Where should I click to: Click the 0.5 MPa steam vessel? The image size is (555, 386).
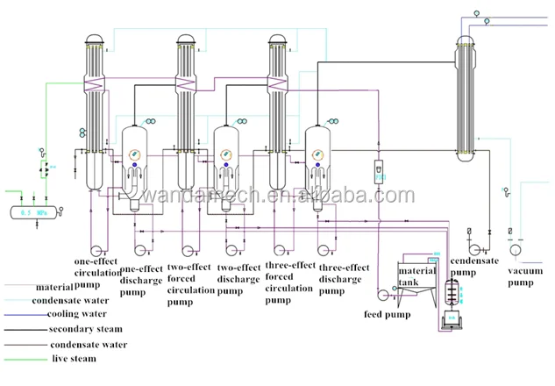click(x=34, y=211)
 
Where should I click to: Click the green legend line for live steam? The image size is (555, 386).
click(x=25, y=361)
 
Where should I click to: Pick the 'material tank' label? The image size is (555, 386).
click(x=416, y=276)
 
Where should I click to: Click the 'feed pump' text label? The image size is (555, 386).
click(x=387, y=313)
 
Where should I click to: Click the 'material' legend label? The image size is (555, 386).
click(x=54, y=287)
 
